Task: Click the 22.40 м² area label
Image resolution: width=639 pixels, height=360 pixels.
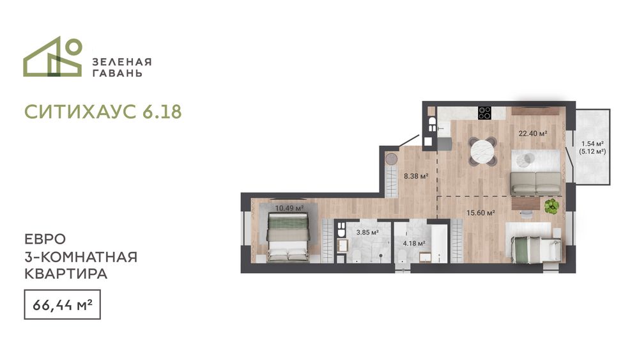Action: coord(533,133)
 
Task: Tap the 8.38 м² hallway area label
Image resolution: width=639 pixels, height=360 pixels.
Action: coord(416,176)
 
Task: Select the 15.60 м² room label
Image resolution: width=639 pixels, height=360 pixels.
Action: coord(481,213)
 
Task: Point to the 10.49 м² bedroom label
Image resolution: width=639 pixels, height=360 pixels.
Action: coord(289,208)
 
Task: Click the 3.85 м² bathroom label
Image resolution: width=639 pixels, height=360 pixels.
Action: coord(367,233)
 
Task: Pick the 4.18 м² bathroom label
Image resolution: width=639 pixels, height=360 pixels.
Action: coord(414,244)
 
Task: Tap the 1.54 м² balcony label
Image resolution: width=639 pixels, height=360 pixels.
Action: coord(592,144)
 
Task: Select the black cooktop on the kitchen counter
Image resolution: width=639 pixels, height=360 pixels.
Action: coord(484,113)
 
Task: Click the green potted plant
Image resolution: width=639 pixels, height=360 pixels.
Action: coord(552,206)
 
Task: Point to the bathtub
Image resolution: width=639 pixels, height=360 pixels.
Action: coord(439,243)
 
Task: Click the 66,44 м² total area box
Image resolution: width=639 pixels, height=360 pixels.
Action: coord(63,304)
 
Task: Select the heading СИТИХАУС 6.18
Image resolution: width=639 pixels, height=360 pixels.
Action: coord(103,112)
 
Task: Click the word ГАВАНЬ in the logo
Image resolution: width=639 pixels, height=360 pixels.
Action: coord(118,74)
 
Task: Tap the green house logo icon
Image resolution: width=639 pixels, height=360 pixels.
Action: coord(52,57)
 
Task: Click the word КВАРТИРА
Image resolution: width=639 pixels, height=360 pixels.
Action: coord(66,274)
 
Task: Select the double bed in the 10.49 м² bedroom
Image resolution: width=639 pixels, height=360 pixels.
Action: coord(288,238)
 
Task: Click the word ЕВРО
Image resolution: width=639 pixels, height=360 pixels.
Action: coord(45,239)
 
